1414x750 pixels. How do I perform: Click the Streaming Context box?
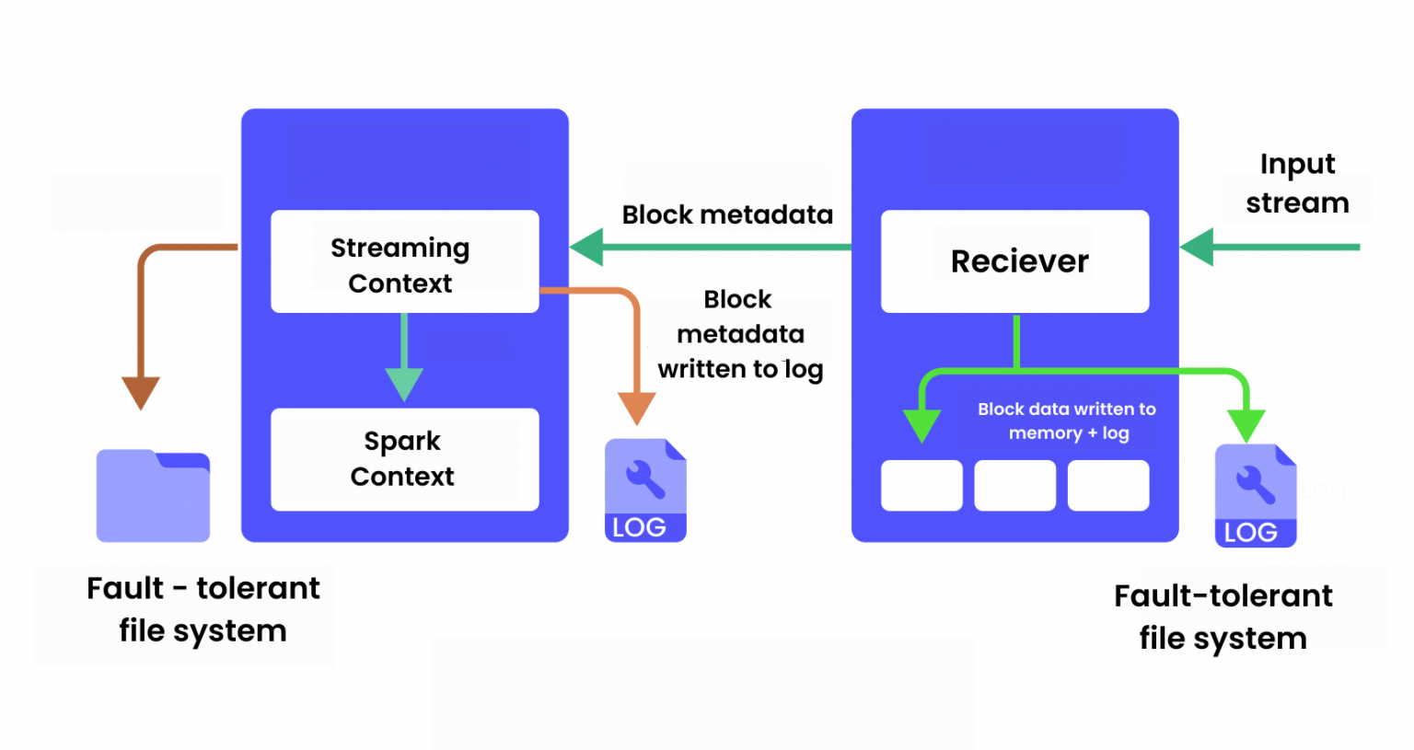pyautogui.click(x=404, y=262)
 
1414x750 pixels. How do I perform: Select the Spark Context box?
pyautogui.click(x=404, y=459)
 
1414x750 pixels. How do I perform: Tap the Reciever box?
pyautogui.click(x=1014, y=261)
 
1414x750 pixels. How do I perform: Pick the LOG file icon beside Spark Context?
pyautogui.click(x=645, y=490)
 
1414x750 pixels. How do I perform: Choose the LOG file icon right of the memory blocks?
pyautogui.click(x=1255, y=496)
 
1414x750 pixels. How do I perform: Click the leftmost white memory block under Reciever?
pyautogui.click(x=921, y=485)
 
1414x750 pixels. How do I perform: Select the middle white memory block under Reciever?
pyautogui.click(x=1014, y=485)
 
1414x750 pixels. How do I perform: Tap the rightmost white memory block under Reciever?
pyautogui.click(x=1107, y=485)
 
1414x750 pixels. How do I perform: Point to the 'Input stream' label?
pyautogui.click(x=1297, y=183)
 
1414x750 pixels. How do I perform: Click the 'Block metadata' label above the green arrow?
pyautogui.click(x=727, y=214)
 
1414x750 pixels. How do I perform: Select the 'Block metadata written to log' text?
pyautogui.click(x=740, y=334)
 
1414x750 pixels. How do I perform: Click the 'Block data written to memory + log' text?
pyautogui.click(x=1067, y=421)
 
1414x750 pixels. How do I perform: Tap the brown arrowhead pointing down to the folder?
pyautogui.click(x=141, y=391)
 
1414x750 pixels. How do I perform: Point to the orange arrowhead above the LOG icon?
pyautogui.click(x=636, y=407)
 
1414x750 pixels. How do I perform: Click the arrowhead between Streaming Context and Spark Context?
pyautogui.click(x=404, y=383)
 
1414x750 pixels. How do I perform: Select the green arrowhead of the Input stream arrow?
pyautogui.click(x=1198, y=248)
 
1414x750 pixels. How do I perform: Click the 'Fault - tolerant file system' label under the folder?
pyautogui.click(x=203, y=609)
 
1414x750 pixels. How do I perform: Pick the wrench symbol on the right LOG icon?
pyautogui.click(x=1255, y=483)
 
